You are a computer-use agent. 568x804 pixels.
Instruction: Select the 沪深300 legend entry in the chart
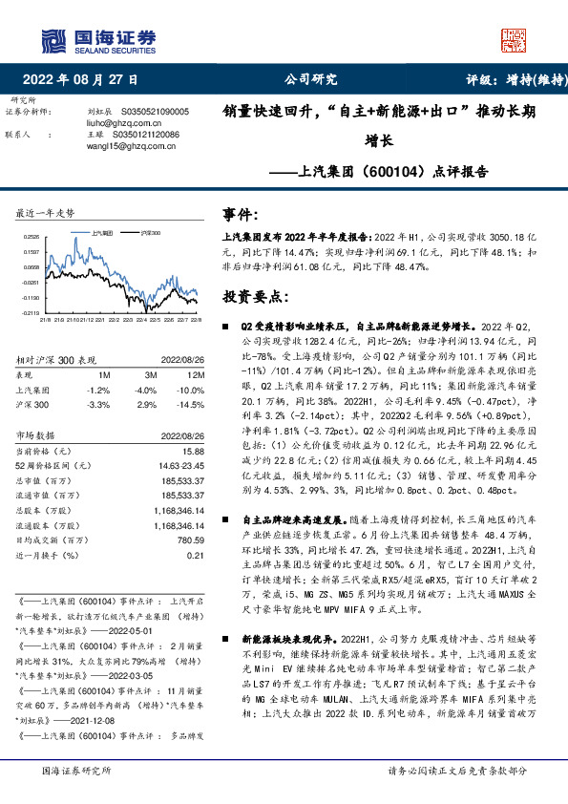point(147,232)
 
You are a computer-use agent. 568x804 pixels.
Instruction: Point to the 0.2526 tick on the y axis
point(32,236)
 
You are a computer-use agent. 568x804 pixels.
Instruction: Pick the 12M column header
point(188,375)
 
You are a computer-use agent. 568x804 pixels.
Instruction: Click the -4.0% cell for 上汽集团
point(145,390)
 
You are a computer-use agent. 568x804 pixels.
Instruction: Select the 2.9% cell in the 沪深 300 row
point(146,405)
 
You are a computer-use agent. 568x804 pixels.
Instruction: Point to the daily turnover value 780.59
point(190,541)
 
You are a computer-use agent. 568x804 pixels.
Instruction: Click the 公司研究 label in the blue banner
point(310,80)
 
